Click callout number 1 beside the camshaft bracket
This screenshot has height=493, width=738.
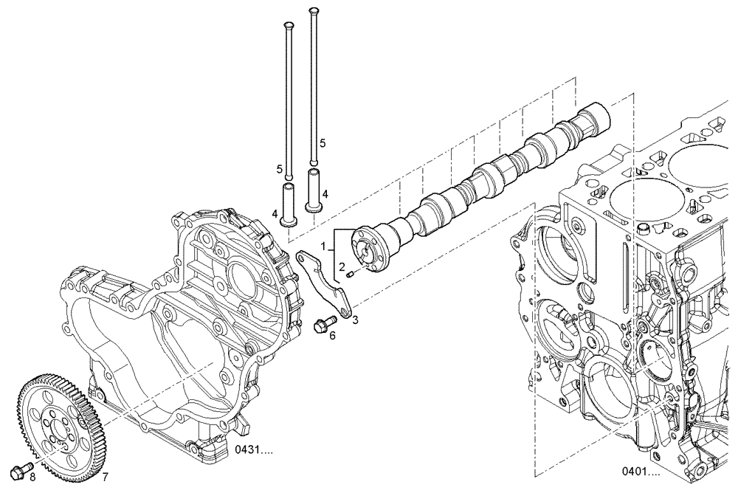coord(323,244)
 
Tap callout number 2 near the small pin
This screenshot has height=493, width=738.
coord(342,266)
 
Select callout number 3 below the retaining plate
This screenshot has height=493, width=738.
coord(355,320)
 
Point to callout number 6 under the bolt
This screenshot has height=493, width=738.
coord(332,336)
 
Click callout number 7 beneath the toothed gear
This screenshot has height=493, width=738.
coord(105,477)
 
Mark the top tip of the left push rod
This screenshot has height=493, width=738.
coord(288,25)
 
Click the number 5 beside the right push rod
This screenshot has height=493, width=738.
coord(322,142)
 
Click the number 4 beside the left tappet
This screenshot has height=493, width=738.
coord(274,214)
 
